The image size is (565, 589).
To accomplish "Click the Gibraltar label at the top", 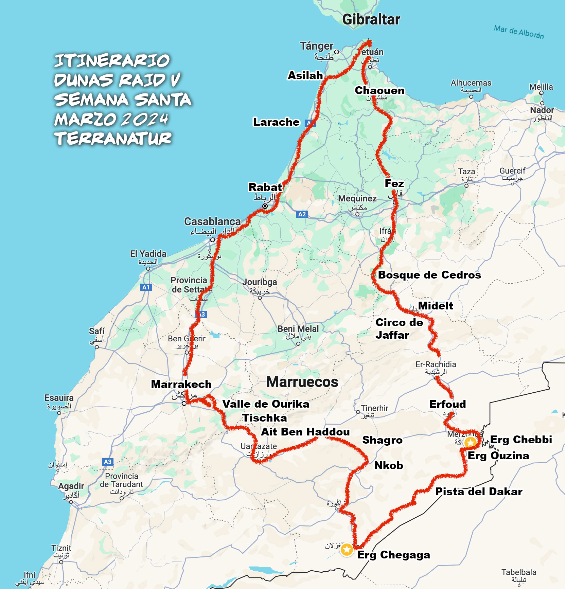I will (x=371, y=19).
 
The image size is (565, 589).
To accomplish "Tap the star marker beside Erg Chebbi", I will (x=470, y=442).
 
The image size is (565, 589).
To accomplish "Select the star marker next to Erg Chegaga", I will (x=347, y=549).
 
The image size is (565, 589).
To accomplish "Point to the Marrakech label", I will (x=181, y=384).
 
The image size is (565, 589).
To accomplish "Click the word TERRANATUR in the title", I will (x=113, y=139).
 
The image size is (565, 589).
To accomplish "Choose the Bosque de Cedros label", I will (x=429, y=275).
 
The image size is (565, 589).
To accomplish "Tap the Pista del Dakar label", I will (x=479, y=492).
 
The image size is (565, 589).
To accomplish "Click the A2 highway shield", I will (x=302, y=214).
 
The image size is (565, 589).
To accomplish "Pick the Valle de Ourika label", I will (x=266, y=404).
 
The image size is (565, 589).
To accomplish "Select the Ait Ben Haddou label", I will (x=305, y=432).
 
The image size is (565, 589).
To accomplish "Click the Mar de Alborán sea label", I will (x=519, y=32).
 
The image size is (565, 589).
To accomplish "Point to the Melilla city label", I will (x=541, y=87).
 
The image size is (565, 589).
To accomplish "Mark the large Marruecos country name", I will (x=302, y=382).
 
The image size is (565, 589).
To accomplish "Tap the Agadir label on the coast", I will (x=71, y=486).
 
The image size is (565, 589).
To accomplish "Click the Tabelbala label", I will (x=519, y=572).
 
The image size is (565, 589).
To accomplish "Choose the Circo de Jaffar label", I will (x=399, y=328).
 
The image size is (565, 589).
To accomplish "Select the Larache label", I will (x=276, y=122).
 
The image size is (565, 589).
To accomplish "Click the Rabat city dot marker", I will (x=265, y=206).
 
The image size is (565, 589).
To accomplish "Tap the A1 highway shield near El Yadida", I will (x=146, y=287).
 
